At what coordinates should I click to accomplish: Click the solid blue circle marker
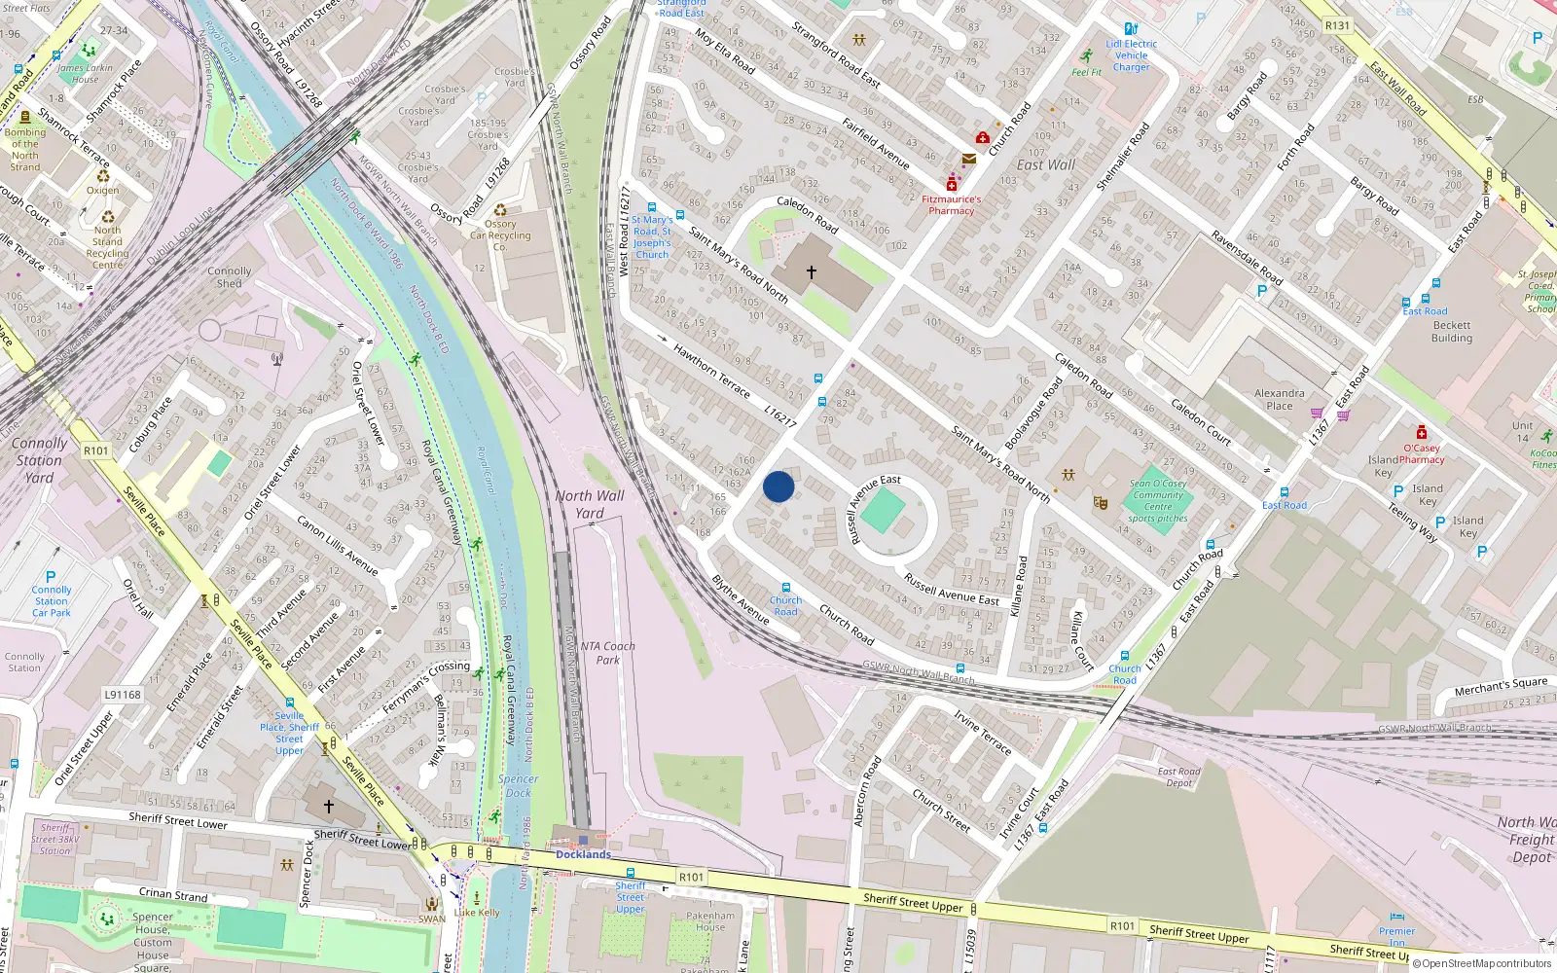pyautogui.click(x=778, y=486)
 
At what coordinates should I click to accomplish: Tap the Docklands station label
pyautogui.click(x=583, y=854)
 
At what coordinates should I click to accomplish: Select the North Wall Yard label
pyautogui.click(x=590, y=504)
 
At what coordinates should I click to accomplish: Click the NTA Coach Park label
pyautogui.click(x=607, y=653)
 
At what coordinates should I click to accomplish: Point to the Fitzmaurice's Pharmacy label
pyautogui.click(x=952, y=204)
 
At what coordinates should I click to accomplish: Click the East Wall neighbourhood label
pyautogui.click(x=1046, y=164)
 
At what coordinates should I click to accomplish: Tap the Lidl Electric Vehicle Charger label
pyautogui.click(x=1131, y=55)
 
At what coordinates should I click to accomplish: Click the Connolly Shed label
pyautogui.click(x=230, y=277)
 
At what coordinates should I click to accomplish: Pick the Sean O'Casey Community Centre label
pyautogui.click(x=1158, y=500)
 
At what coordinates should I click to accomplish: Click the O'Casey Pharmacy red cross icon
pyautogui.click(x=1422, y=432)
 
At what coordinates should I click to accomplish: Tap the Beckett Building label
pyautogui.click(x=1452, y=332)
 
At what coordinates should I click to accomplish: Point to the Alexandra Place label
pyautogui.click(x=1280, y=400)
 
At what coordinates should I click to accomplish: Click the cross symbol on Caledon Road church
pyautogui.click(x=812, y=273)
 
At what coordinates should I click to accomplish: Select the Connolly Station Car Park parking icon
pyautogui.click(x=51, y=576)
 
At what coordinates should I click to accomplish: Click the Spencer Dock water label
pyautogui.click(x=518, y=785)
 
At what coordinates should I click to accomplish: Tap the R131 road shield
pyautogui.click(x=1337, y=26)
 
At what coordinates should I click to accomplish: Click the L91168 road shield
pyautogui.click(x=123, y=695)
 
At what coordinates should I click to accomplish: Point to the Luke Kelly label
pyautogui.click(x=477, y=913)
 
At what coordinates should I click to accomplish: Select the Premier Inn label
pyautogui.click(x=1396, y=936)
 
